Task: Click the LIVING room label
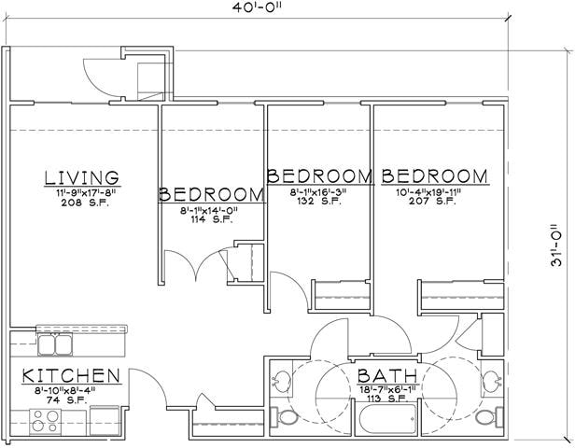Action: coord(82,177)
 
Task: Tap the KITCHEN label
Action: coord(72,376)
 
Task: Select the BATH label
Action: coord(383,376)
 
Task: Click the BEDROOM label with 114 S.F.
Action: coord(210,194)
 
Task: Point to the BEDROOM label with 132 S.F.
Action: coord(319,175)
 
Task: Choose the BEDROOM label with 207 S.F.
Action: coord(434,175)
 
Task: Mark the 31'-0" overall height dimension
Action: coord(557,245)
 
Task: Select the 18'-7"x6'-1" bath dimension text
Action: coord(383,389)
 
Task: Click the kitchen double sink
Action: coord(55,344)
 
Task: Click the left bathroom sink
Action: coord(278,381)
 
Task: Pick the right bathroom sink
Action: coord(490,381)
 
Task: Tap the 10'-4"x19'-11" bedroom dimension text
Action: coord(434,191)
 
